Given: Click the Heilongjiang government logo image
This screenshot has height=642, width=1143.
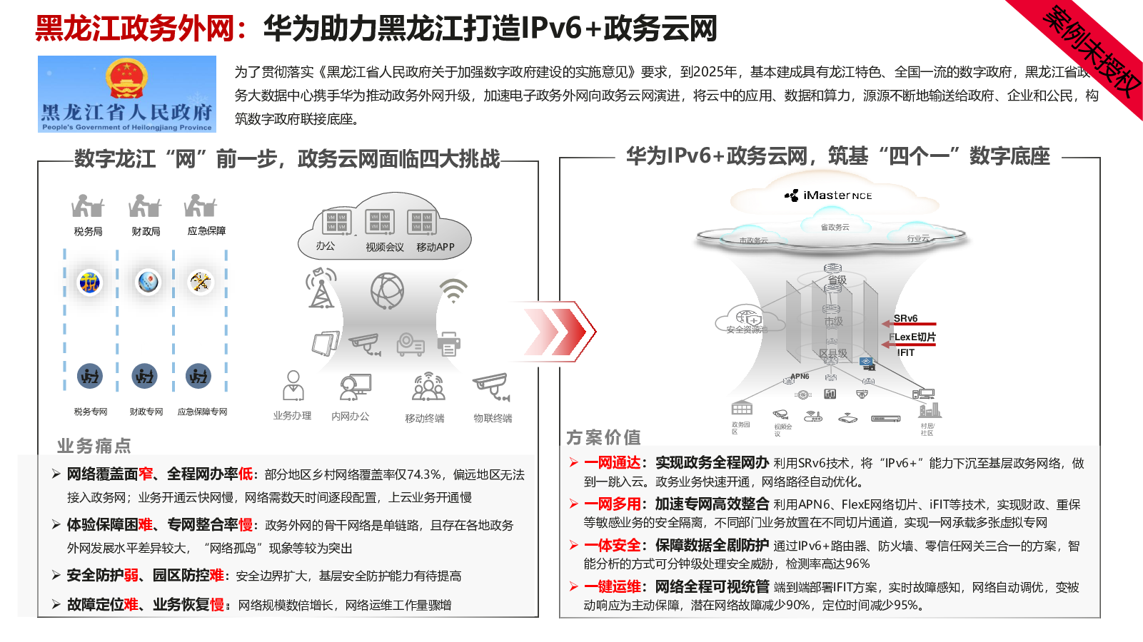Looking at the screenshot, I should tap(127, 94).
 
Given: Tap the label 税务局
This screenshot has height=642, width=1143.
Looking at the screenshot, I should tap(88, 231).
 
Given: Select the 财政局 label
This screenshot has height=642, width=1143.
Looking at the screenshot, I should tap(146, 231).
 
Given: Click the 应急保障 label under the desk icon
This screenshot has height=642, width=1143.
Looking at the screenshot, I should tap(206, 231).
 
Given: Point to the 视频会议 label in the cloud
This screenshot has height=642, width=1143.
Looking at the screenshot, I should tap(385, 247).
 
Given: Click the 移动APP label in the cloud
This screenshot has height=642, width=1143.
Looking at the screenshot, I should tap(435, 247).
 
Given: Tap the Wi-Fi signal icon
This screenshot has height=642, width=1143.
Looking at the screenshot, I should tap(453, 290).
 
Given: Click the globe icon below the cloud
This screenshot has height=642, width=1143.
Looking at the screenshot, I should tap(387, 290).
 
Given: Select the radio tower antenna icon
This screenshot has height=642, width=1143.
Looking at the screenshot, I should tap(321, 288).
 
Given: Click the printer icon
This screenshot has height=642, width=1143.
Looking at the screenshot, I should tap(449, 344).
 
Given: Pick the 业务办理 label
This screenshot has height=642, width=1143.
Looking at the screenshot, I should tap(292, 416).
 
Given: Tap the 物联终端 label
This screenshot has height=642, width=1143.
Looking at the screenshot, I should tap(493, 418).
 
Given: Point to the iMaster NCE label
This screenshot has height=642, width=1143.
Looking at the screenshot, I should tap(829, 195).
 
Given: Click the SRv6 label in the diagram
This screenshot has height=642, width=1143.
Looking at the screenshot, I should tap(905, 318).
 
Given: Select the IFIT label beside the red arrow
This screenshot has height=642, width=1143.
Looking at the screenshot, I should tap(905, 352).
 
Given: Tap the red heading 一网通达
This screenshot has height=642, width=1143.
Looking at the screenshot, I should tap(612, 463).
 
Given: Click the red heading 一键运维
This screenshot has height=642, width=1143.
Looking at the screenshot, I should tap(612, 587).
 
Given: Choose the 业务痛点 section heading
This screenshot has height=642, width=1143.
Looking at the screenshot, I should tap(94, 446).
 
